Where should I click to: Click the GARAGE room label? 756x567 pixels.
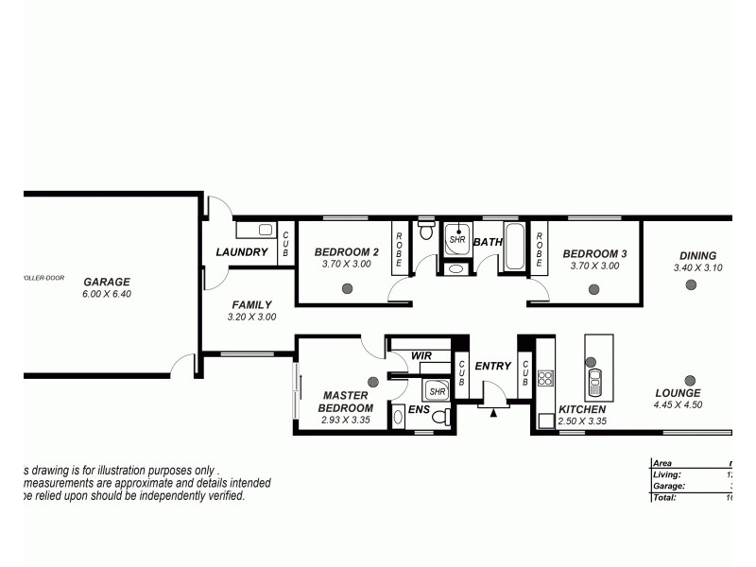(107, 282)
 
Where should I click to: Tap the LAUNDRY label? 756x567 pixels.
(242, 252)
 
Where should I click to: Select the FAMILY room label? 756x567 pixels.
(252, 305)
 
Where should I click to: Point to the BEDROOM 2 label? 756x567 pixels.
(347, 252)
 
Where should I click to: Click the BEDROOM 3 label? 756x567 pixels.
(594, 253)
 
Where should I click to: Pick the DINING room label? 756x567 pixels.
(697, 255)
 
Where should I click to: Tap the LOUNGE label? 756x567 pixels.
(678, 393)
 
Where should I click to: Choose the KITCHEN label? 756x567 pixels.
(582, 409)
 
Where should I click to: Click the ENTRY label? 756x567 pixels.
(492, 366)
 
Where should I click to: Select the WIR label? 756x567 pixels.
(421, 356)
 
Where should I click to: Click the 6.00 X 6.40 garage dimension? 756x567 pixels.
(107, 294)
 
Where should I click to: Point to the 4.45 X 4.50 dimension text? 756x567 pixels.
(678, 405)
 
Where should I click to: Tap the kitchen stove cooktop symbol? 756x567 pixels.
(545, 378)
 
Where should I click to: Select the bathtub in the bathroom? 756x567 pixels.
(515, 247)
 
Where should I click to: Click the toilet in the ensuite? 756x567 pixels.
(398, 416)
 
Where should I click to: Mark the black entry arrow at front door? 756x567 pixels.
(492, 412)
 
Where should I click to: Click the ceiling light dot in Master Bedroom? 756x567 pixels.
(372, 382)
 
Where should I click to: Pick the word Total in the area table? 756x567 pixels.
(665, 497)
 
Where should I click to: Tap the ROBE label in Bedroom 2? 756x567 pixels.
(399, 248)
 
